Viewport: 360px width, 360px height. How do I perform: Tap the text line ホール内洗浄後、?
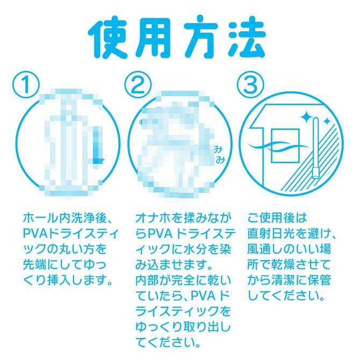pos(67,218)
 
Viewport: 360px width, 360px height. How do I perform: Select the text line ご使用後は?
pos(277,218)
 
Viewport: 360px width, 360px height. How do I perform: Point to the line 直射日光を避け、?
pos(292,234)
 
